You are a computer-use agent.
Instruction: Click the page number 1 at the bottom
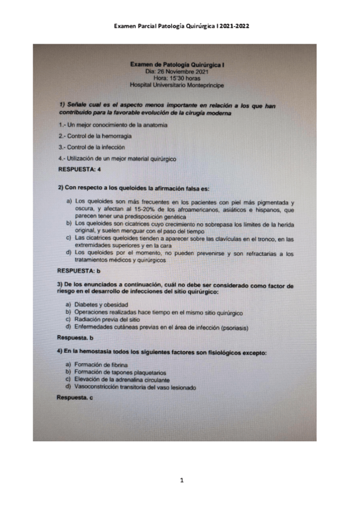click(182, 481)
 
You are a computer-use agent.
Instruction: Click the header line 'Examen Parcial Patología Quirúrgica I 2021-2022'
click(182, 27)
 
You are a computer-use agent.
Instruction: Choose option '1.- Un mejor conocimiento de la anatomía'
click(113, 125)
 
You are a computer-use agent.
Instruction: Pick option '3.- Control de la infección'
click(92, 147)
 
